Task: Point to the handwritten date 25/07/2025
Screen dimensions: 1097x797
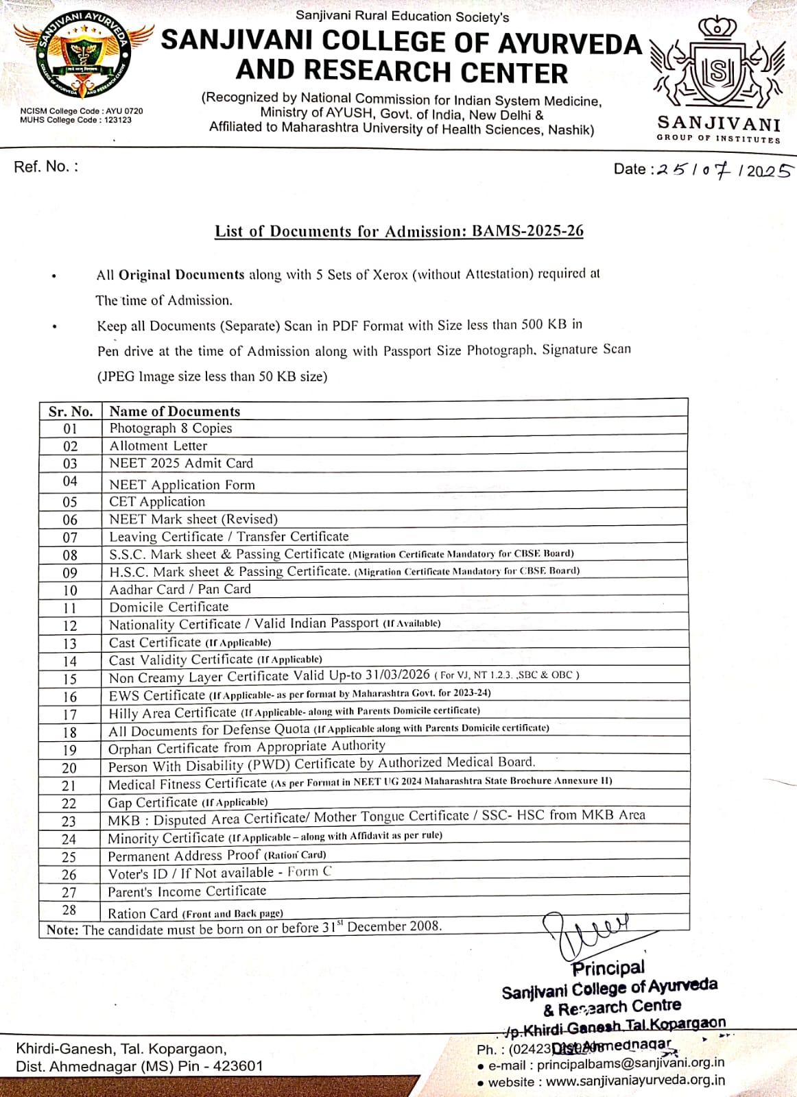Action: pos(726,169)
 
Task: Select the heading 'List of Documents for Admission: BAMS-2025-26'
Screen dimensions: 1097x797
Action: pos(399,231)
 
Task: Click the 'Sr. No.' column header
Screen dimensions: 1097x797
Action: pos(70,411)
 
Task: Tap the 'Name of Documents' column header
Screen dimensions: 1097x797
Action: pos(175,411)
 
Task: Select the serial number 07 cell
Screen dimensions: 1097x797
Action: pos(70,538)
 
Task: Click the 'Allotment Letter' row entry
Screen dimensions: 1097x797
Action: pos(158,446)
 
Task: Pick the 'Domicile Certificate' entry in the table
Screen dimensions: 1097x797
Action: pos(169,607)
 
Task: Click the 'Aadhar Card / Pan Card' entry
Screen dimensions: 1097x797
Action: pos(180,589)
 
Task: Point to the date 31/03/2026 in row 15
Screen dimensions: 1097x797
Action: pos(396,675)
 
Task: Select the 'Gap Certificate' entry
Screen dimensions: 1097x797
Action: pos(153,802)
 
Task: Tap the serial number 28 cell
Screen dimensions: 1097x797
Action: pos(69,910)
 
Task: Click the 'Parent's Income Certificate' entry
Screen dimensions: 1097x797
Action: pos(187,891)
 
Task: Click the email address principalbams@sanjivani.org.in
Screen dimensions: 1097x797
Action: pos(630,1063)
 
